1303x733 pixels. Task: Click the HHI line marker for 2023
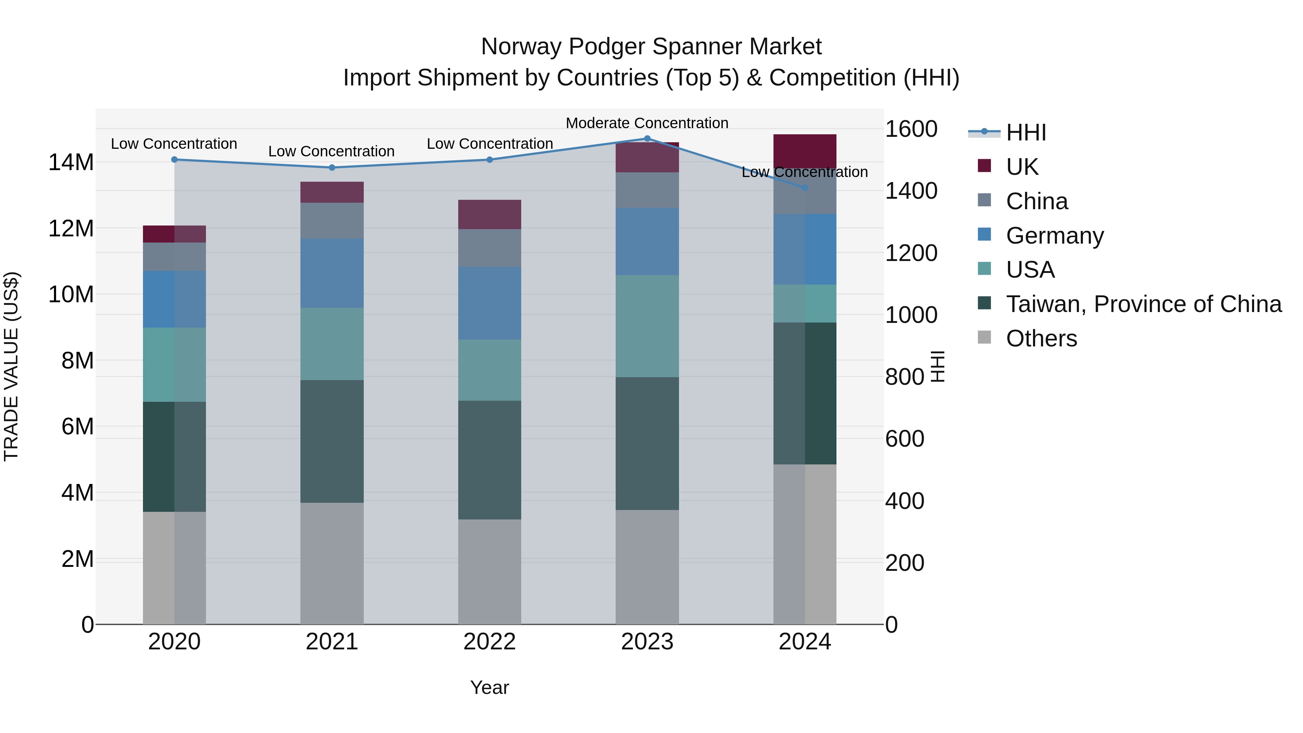coord(647,139)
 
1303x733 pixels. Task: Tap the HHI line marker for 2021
coord(332,168)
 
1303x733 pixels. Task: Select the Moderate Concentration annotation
coord(646,123)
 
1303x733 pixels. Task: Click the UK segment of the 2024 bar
coord(804,151)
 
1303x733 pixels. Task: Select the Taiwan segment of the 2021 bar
coord(332,441)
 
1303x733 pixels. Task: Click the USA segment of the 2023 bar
coord(647,326)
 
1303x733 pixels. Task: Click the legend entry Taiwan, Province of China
coord(1143,304)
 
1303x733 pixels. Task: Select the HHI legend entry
coord(1026,132)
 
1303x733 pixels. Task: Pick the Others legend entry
coord(1041,338)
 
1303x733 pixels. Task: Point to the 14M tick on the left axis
coord(71,163)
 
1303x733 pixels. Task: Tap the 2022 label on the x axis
coord(489,642)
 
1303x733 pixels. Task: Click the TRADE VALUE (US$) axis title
coord(11,366)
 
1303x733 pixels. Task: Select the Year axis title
coord(489,687)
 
